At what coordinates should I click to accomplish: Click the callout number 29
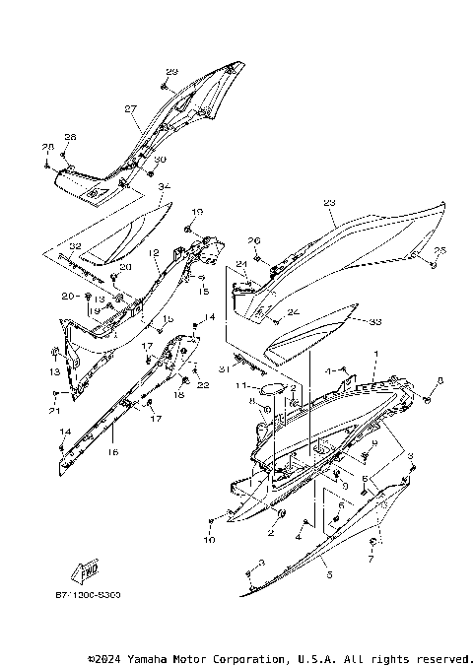[x=171, y=72]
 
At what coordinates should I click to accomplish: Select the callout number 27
[x=130, y=109]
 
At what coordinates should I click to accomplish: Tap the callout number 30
[x=160, y=161]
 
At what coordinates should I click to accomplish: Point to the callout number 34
[x=164, y=187]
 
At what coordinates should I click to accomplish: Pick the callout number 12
[x=154, y=253]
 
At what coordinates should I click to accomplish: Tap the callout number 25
[x=440, y=250]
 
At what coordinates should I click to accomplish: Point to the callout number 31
[x=224, y=369]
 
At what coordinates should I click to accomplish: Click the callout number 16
[x=112, y=452]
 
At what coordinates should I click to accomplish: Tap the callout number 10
[x=209, y=541]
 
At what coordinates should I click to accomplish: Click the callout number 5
[x=329, y=574]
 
